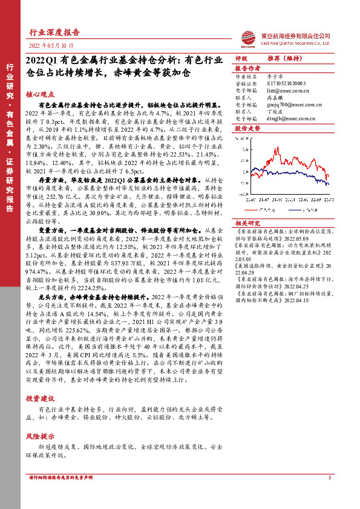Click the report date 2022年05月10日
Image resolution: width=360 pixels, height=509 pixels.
51,45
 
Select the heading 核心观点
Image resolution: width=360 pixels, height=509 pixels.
40,95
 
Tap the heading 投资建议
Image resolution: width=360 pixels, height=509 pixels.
40,400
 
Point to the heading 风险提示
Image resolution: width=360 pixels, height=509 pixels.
40,436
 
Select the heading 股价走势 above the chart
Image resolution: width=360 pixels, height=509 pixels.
247,129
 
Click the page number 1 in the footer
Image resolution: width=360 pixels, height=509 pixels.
330,495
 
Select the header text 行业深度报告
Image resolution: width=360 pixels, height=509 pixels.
55,33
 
